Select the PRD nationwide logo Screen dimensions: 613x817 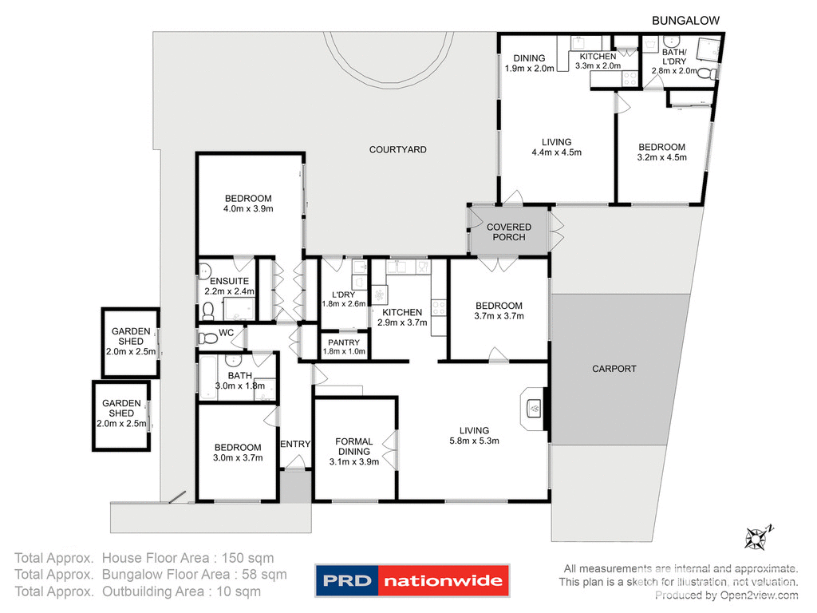pyautogui.click(x=412, y=580)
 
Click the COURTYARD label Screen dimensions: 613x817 pyautogui.click(x=397, y=149)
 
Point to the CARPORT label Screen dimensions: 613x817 pyautogui.click(x=614, y=369)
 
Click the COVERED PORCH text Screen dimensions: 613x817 pyautogui.click(x=509, y=232)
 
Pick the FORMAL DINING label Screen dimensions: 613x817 pyautogui.click(x=353, y=446)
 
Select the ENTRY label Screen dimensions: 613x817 pyautogui.click(x=295, y=445)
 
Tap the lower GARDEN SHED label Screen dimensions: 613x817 pyautogui.click(x=121, y=409)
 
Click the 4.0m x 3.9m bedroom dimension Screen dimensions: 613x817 pyautogui.click(x=248, y=209)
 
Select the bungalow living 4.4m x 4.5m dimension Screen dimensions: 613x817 pyautogui.click(x=556, y=152)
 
